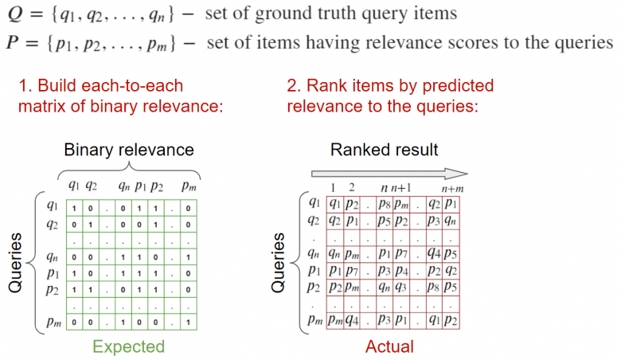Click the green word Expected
128,346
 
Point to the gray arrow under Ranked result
389,173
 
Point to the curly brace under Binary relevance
129,169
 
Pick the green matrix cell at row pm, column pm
186,322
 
